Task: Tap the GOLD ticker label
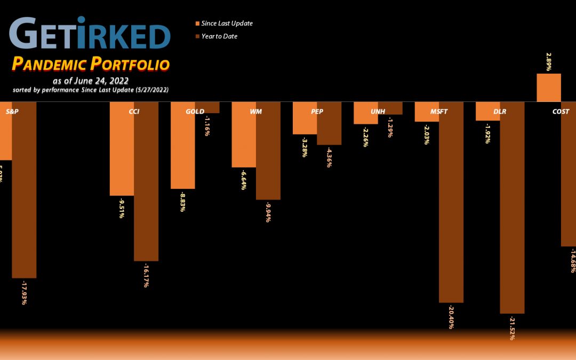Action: point(195,111)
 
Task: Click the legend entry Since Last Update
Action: point(227,23)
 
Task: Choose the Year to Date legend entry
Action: point(219,36)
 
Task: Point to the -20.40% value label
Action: point(451,317)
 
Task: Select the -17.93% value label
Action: point(24,292)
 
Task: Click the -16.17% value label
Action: point(146,275)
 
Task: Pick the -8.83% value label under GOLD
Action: point(182,202)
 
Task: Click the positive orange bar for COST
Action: point(549,87)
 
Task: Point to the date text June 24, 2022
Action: point(95,81)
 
